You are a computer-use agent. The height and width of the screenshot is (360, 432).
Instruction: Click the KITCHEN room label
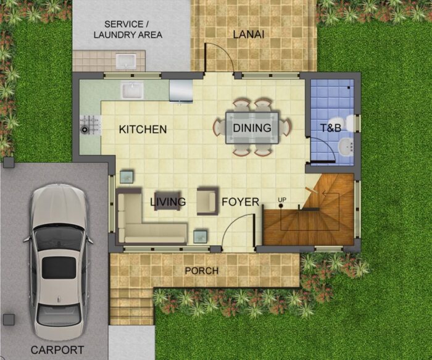pyautogui.click(x=143, y=130)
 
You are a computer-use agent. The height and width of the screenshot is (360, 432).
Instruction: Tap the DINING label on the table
pyautogui.click(x=252, y=128)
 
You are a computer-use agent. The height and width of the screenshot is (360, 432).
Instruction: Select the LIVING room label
pyautogui.click(x=168, y=202)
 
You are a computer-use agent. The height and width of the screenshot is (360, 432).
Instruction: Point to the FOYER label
pyautogui.click(x=240, y=202)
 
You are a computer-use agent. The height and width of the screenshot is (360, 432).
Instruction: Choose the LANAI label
pyautogui.click(x=249, y=35)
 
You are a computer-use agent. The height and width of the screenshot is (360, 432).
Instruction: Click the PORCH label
pyautogui.click(x=201, y=271)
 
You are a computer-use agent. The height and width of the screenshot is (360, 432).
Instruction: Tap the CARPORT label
pyautogui.click(x=57, y=350)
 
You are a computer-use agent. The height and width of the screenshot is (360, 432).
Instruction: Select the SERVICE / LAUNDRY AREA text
pyautogui.click(x=128, y=30)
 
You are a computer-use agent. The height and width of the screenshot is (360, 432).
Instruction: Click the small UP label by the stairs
pyautogui.click(x=282, y=199)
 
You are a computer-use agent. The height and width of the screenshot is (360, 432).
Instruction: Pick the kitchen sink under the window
pyautogui.click(x=132, y=90)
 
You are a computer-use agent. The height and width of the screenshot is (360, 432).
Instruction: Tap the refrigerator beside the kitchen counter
pyautogui.click(x=180, y=90)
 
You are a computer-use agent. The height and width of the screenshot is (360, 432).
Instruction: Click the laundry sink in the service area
pyautogui.click(x=126, y=61)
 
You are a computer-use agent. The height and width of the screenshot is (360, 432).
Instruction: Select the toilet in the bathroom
pyautogui.click(x=349, y=123)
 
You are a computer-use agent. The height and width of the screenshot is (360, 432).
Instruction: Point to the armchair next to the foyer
pyautogui.click(x=206, y=201)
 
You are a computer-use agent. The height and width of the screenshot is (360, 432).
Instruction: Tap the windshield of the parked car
pyautogui.click(x=59, y=238)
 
